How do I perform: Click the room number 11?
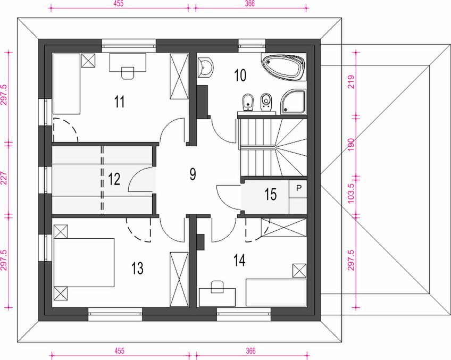click(119, 102)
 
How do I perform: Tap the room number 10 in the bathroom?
click(240, 76)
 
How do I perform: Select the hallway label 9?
click(193, 174)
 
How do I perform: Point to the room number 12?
click(114, 179)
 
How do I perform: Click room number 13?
click(137, 268)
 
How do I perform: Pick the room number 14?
click(239, 260)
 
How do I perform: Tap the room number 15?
click(270, 194)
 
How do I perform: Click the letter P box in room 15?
click(298, 189)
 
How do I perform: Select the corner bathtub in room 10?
click(283, 66)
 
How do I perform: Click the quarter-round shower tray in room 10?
click(293, 102)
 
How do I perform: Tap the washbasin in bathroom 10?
click(206, 68)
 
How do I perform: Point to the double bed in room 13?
click(84, 263)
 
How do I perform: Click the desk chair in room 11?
click(128, 73)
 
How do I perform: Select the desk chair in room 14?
click(217, 287)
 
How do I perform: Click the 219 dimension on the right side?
click(351, 82)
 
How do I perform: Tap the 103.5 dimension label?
click(351, 193)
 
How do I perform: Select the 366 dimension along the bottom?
click(250, 351)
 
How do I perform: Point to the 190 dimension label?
click(351, 145)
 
